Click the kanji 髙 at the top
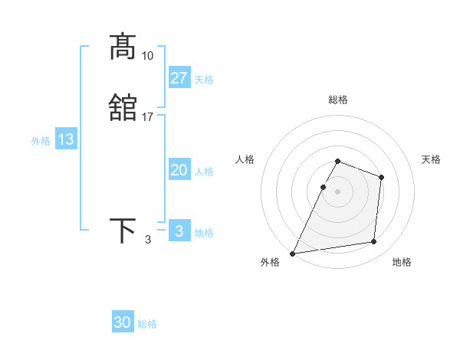click(x=123, y=47)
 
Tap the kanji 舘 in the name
click(x=123, y=108)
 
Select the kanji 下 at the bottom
click(x=123, y=231)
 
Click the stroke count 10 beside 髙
click(x=148, y=56)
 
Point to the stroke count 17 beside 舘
click(x=148, y=117)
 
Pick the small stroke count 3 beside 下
click(x=148, y=240)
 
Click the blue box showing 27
click(x=179, y=78)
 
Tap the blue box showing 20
click(x=179, y=170)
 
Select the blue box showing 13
click(x=66, y=139)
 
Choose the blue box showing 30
click(x=123, y=322)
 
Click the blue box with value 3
click(x=179, y=231)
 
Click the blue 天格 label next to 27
click(x=204, y=80)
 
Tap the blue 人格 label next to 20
click(x=204, y=172)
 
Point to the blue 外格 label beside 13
click(x=41, y=141)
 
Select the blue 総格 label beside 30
click(x=147, y=324)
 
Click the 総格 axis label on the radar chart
click(x=338, y=100)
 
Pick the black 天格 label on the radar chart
click(x=432, y=159)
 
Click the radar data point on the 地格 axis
click(x=374, y=242)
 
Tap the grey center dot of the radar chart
click(x=338, y=191)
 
